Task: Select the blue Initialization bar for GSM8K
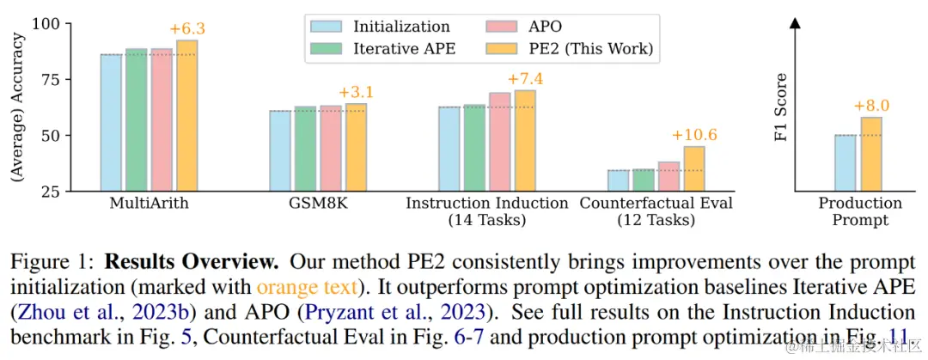click(280, 150)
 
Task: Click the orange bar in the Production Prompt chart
click(871, 154)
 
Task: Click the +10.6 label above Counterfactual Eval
click(693, 135)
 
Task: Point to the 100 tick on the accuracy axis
click(67, 24)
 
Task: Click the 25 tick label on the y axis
click(72, 191)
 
